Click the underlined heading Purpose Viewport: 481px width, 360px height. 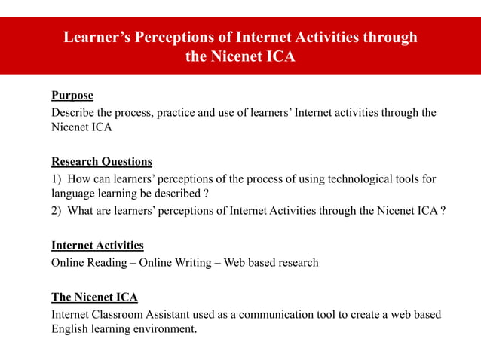[x=72, y=96]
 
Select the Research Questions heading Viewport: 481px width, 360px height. [x=102, y=161]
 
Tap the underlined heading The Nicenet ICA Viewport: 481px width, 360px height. [x=94, y=297]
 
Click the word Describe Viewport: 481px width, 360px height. [x=73, y=113]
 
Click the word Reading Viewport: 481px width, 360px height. [x=108, y=263]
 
